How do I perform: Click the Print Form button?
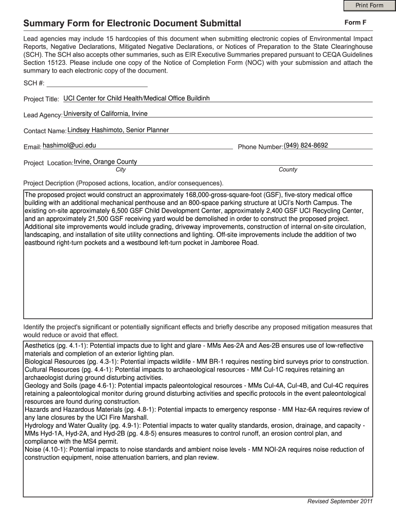(369, 6)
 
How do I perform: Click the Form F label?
(355, 23)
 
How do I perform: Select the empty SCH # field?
(97, 83)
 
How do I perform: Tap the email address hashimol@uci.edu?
(69, 146)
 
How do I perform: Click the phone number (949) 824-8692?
(305, 146)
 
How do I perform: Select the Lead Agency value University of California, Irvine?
(105, 113)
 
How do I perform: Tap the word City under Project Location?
(121, 169)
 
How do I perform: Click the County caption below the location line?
(287, 169)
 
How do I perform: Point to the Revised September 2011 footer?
(339, 501)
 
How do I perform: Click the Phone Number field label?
(260, 147)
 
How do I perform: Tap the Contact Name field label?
(45, 131)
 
